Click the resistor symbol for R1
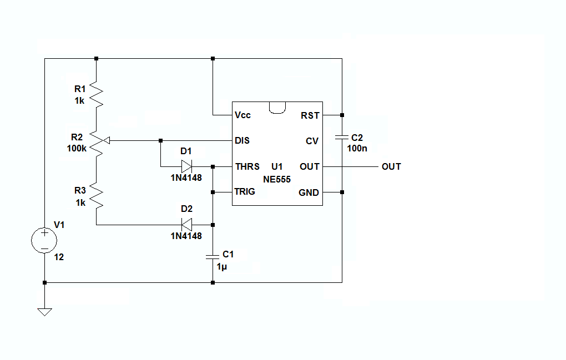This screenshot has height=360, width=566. click(97, 95)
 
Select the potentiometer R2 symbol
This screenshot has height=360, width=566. click(97, 141)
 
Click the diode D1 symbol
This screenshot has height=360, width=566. click(186, 166)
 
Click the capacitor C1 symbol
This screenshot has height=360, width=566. click(213, 256)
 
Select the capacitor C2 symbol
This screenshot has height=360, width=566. click(342, 136)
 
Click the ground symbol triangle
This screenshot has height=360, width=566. click(44, 312)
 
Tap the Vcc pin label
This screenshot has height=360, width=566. click(242, 115)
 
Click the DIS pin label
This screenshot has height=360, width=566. click(242, 141)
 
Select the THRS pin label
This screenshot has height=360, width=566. click(247, 166)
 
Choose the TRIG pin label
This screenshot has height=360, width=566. click(245, 192)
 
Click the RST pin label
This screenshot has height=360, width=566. click(310, 115)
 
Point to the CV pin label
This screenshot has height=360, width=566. click(312, 141)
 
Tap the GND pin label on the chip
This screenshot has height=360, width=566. click(309, 192)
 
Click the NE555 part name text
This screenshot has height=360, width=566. click(277, 179)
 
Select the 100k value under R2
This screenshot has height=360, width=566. click(76, 149)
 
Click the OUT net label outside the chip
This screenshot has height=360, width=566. click(391, 166)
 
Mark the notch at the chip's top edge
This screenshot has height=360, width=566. click(277, 107)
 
